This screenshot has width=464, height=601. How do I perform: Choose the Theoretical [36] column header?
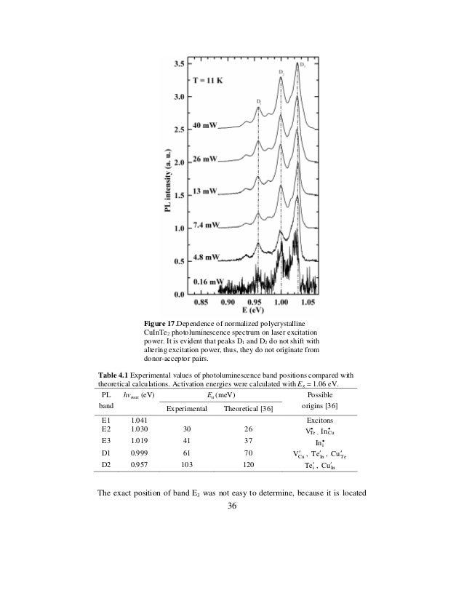(x=248, y=410)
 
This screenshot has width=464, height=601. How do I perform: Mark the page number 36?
(x=232, y=507)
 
